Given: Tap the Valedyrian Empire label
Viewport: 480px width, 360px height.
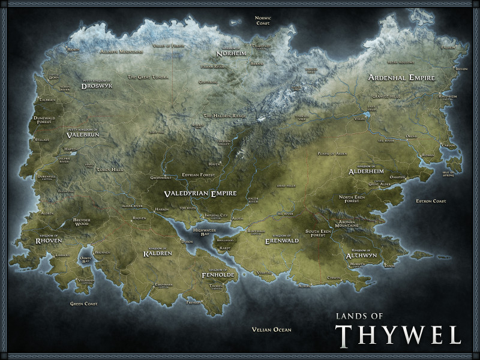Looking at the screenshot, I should (200, 194).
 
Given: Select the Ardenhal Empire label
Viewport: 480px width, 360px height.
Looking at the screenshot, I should (400, 78).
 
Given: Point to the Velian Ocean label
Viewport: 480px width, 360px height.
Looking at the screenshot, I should (271, 329).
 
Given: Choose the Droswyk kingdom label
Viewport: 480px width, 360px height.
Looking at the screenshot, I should (98, 85).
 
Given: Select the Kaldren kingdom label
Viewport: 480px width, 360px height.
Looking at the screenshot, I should (158, 253).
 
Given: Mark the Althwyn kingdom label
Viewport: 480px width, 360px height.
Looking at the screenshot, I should (361, 255).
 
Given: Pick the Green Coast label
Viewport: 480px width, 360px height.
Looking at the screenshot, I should (84, 304).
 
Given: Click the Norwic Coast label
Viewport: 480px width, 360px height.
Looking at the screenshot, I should (263, 20).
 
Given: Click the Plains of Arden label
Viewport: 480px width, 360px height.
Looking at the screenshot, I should (332, 154).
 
